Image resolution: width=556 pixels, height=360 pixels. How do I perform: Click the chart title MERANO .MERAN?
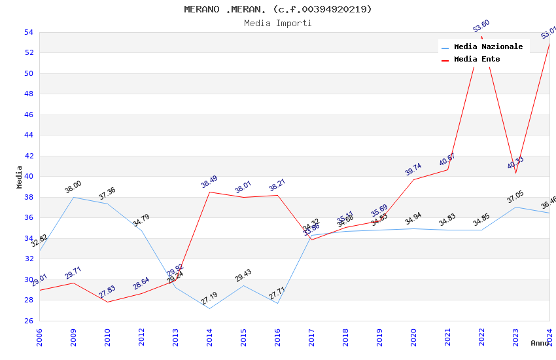(278, 9)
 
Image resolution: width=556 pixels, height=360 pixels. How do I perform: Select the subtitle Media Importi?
(278, 23)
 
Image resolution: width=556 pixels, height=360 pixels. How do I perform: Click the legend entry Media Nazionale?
(488, 46)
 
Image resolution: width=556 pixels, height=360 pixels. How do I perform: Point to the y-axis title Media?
(19, 177)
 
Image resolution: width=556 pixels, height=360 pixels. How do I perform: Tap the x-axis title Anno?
(540, 343)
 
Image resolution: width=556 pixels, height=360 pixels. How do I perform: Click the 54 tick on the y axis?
(28, 32)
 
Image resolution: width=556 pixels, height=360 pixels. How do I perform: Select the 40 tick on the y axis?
(28, 176)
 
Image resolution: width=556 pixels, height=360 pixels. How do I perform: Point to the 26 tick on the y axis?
(28, 321)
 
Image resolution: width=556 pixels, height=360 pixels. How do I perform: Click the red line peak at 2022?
(481, 37)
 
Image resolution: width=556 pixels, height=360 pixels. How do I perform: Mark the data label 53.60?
(481, 26)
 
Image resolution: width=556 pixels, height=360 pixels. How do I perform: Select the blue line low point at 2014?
(209, 308)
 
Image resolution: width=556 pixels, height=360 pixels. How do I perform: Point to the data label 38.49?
(209, 182)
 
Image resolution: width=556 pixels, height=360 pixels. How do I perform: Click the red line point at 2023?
(515, 173)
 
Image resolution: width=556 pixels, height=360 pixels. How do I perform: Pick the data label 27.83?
(107, 292)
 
